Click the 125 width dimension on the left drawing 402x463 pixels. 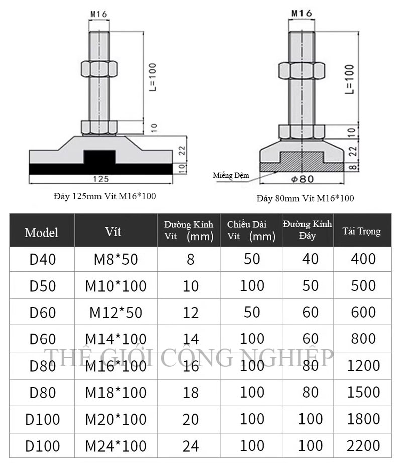(101, 179)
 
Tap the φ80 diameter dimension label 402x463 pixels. (302, 179)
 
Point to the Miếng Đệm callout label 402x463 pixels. (231, 175)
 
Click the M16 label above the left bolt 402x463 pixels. (98, 14)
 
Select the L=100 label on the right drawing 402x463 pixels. (349, 79)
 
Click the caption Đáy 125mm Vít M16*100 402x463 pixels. (105, 196)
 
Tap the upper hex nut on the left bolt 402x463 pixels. (99, 69)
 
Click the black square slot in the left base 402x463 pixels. (99, 157)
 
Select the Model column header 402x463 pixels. (41, 233)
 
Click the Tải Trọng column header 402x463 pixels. (361, 231)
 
